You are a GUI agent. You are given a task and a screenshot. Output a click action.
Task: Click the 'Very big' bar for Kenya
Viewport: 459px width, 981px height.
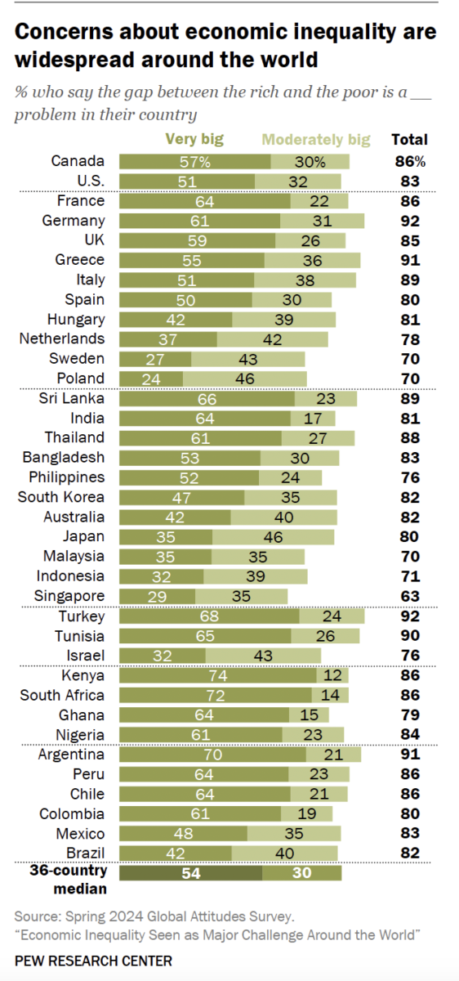pyautogui.click(x=218, y=675)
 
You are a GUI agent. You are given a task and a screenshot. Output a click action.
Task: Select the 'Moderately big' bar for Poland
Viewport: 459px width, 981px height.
pyautogui.click(x=245, y=378)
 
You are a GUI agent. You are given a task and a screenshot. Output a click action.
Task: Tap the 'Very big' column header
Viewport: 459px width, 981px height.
pyautogui.click(x=194, y=140)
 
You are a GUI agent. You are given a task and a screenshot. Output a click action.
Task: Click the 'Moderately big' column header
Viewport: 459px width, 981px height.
pyautogui.click(x=316, y=140)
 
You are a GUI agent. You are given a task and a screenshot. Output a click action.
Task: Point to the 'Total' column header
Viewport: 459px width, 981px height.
pyautogui.click(x=409, y=140)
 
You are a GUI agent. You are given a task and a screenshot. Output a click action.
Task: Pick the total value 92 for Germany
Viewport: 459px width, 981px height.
pyautogui.click(x=409, y=221)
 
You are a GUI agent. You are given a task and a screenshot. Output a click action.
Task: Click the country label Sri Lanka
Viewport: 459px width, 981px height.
pyautogui.click(x=72, y=398)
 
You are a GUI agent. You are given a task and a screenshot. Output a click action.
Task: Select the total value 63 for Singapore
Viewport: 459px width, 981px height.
pyautogui.click(x=409, y=596)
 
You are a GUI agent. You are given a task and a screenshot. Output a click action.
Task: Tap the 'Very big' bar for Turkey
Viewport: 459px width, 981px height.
pyautogui.click(x=210, y=616)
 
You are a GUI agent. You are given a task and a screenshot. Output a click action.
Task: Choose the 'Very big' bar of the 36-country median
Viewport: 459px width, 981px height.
pyautogui.click(x=191, y=873)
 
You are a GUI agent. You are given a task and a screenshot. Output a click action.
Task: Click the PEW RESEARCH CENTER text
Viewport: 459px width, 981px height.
pyautogui.click(x=93, y=961)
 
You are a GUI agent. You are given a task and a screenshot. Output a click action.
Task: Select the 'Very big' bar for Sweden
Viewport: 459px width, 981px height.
pyautogui.click(x=155, y=358)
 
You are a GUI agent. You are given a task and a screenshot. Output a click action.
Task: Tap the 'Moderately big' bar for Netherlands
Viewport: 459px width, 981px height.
pyautogui.click(x=272, y=338)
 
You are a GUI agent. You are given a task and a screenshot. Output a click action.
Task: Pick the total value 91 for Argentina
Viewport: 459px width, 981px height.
pyautogui.click(x=409, y=755)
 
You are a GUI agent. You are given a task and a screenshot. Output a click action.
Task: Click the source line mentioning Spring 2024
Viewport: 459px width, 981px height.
pyautogui.click(x=154, y=916)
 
